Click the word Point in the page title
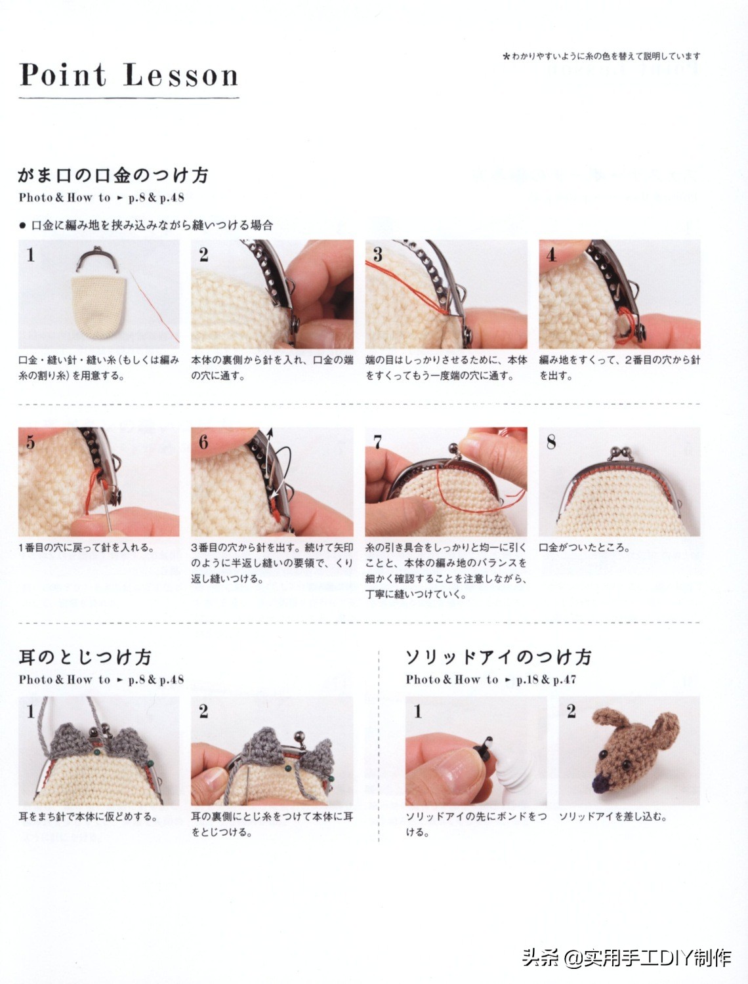(63, 75)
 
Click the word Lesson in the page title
(180, 75)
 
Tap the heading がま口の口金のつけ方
(113, 175)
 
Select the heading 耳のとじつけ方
(85, 657)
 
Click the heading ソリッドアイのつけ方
(499, 657)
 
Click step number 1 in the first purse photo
(30, 255)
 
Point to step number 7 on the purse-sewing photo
(378, 442)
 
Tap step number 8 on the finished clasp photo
(551, 442)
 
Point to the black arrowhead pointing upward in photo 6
(270, 432)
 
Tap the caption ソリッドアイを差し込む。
(613, 816)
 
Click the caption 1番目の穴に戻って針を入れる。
(87, 547)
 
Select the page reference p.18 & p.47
(546, 680)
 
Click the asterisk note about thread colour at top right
(602, 56)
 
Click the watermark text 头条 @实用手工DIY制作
(627, 958)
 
